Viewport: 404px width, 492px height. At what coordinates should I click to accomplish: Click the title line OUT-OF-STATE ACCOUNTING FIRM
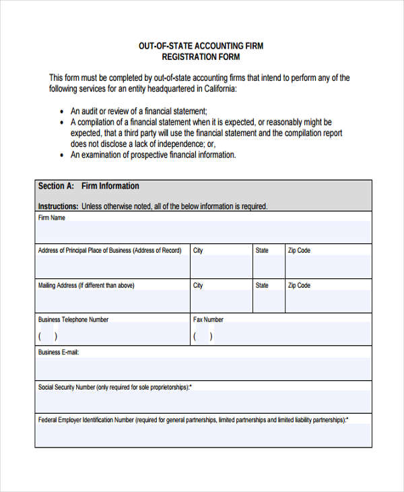(x=201, y=46)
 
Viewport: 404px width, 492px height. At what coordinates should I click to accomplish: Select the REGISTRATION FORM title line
(x=201, y=57)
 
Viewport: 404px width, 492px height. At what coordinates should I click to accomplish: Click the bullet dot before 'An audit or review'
(x=62, y=111)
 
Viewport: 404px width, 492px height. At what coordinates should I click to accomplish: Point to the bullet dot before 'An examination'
(x=62, y=155)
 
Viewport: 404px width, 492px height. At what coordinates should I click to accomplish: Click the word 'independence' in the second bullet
(x=180, y=144)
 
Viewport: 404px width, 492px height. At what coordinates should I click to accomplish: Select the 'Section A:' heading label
(x=56, y=186)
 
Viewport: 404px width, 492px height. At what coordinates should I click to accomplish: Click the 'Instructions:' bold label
(x=58, y=206)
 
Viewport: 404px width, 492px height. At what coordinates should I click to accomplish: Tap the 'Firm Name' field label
(x=52, y=218)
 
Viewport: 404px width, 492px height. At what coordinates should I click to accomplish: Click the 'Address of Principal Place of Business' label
(x=109, y=251)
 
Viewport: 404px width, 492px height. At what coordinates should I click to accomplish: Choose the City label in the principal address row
(x=198, y=251)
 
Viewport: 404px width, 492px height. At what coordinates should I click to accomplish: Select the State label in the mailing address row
(x=261, y=286)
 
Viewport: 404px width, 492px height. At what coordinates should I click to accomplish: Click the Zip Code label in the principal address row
(x=299, y=251)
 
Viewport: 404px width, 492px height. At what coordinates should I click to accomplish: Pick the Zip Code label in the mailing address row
(x=299, y=286)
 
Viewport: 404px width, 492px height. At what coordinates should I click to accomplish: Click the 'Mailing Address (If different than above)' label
(x=86, y=286)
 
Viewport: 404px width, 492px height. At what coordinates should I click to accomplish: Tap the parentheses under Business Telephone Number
(x=48, y=336)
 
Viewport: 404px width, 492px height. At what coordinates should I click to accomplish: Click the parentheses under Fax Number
(x=203, y=336)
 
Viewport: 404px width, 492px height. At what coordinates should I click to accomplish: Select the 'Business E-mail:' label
(x=59, y=352)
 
